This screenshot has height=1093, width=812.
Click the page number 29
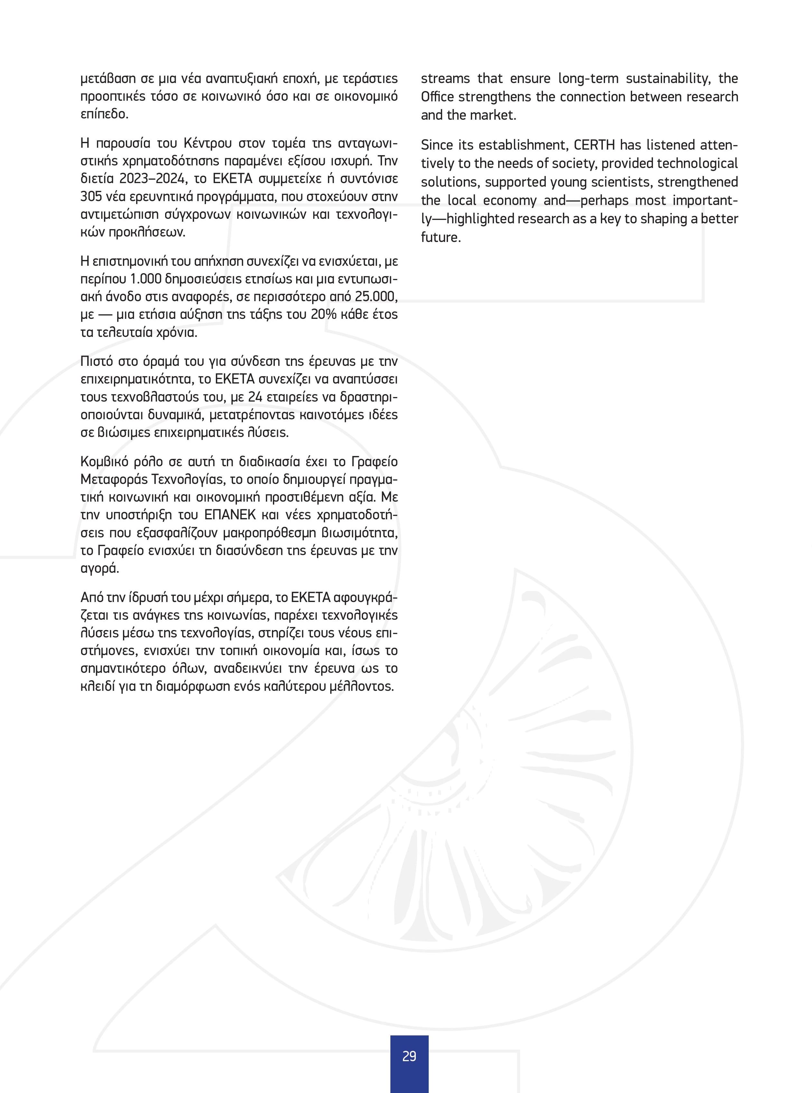[x=409, y=1056]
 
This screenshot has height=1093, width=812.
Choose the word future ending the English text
[x=440, y=237]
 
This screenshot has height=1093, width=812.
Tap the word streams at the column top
[x=445, y=78]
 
